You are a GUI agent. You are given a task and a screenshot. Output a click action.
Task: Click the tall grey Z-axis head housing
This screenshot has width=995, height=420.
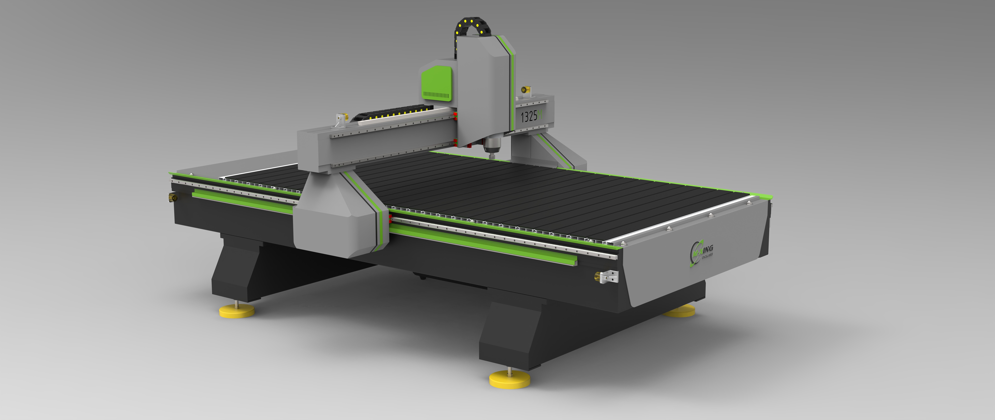point(485,89)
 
